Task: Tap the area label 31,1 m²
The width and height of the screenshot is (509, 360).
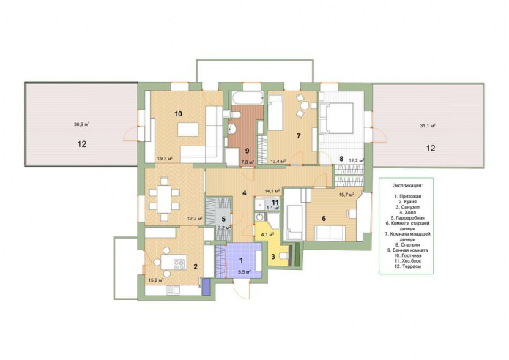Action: click(428, 126)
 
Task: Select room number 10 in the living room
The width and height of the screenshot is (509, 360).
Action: click(177, 114)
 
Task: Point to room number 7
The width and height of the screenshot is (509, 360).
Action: click(298, 136)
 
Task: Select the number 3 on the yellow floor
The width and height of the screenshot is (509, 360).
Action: click(273, 256)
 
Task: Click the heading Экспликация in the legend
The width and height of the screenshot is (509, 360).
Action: click(407, 187)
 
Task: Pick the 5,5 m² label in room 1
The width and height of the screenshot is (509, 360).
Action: click(244, 272)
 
